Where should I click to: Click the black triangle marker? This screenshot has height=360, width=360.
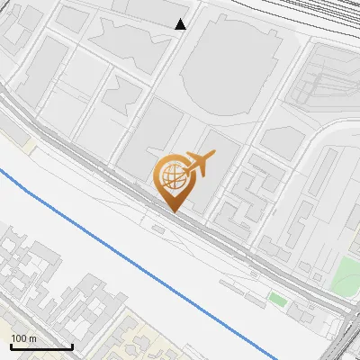tap(181, 24)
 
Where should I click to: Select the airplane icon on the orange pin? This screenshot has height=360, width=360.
tap(197, 164)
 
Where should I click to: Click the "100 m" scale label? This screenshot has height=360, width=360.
tap(23, 337)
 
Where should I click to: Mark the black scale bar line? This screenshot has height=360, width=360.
tap(41, 346)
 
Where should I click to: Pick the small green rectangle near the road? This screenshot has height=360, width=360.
tap(278, 298)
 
